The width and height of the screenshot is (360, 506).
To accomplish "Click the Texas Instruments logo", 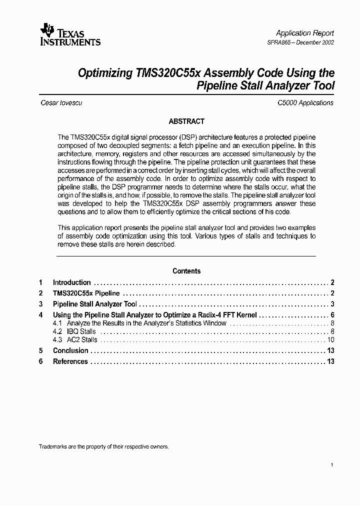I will tap(70, 35).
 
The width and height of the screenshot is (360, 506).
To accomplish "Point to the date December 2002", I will tap(316, 42).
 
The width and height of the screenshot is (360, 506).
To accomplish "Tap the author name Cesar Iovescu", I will tap(61, 102).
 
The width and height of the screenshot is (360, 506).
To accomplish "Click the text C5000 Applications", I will tap(305, 102).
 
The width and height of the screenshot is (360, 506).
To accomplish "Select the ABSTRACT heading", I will tap(186, 121).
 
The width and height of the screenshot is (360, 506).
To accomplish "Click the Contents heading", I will tap(186, 271).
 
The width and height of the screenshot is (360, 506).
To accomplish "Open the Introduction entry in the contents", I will tap(72, 282).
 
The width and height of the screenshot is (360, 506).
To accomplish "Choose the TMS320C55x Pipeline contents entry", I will tap(86, 293).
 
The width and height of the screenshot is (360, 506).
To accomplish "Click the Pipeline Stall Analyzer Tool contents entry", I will tap(94, 304).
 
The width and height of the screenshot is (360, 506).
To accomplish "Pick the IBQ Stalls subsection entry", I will tap(81, 331).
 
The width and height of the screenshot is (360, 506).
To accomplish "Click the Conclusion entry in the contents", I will tap(70, 350).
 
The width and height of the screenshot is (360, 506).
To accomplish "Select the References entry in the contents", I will tap(70, 361).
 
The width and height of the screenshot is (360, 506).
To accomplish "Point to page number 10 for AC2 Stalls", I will tap(330, 339).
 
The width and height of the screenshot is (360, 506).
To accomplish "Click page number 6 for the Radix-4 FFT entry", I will tap(332, 315).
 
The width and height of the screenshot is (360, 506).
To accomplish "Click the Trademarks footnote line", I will tap(103, 446).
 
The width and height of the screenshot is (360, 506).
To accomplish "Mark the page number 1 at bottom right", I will tap(332, 465).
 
